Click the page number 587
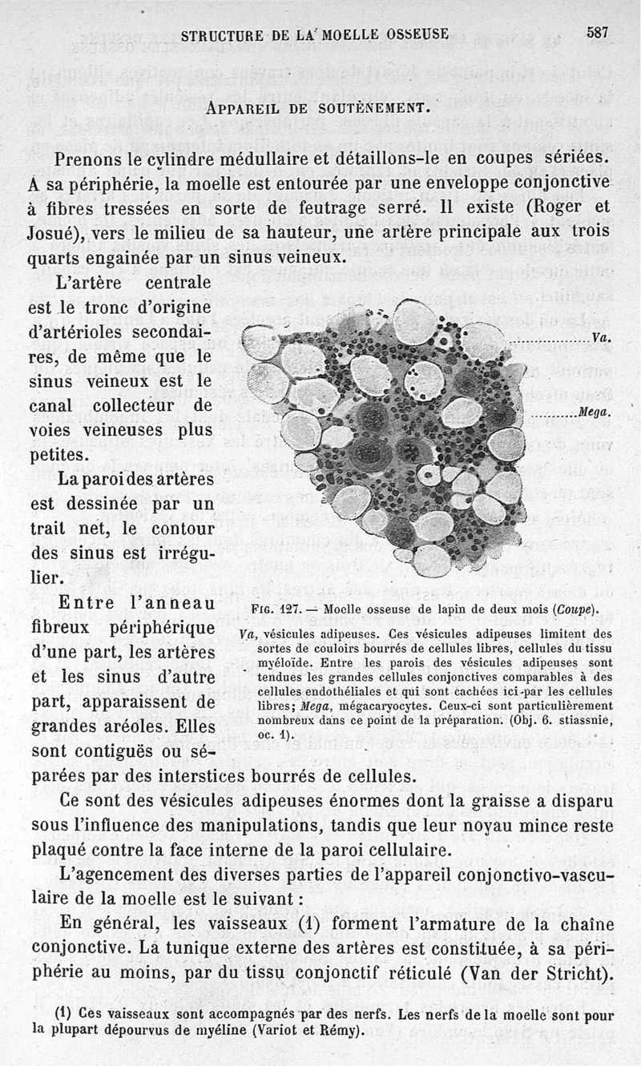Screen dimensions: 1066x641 pyautogui.click(x=597, y=33)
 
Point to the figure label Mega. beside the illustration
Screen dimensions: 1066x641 pyautogui.click(x=595, y=413)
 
